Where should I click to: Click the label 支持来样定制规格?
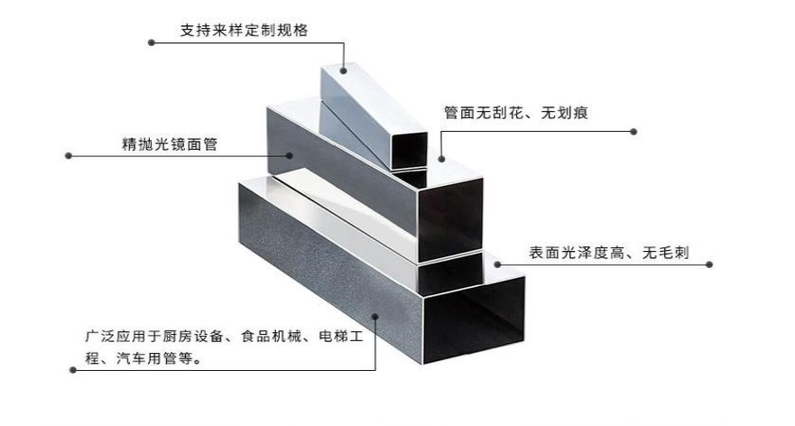[244, 30]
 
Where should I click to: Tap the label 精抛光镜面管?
[169, 143]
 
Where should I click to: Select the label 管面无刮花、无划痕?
[516, 113]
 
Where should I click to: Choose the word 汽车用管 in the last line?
[147, 358]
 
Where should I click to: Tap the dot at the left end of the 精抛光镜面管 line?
[69, 155]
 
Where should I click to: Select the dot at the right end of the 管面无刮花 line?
[633, 132]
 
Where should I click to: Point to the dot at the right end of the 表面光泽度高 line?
[709, 264]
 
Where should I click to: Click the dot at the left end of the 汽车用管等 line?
[69, 370]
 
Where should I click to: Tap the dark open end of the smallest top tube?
[408, 150]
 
